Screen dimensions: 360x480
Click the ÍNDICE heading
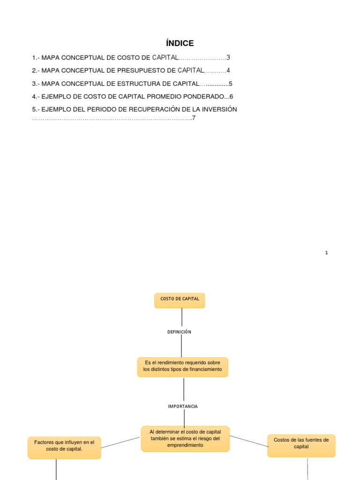(x=180, y=44)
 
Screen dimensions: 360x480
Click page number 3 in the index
(x=228, y=58)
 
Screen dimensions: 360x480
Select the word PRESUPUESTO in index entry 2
(x=132, y=71)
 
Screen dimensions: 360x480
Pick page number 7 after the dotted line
(x=194, y=118)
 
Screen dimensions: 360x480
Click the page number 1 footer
(x=326, y=253)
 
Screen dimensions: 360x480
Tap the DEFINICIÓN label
(x=180, y=332)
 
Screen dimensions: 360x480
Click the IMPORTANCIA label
(x=183, y=406)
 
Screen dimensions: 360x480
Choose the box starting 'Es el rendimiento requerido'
(x=182, y=367)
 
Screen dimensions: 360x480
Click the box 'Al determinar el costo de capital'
(x=185, y=439)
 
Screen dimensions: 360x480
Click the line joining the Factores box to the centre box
(x=120, y=442)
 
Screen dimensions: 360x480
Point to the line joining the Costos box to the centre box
(x=248, y=441)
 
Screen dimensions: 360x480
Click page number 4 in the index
(x=228, y=71)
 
